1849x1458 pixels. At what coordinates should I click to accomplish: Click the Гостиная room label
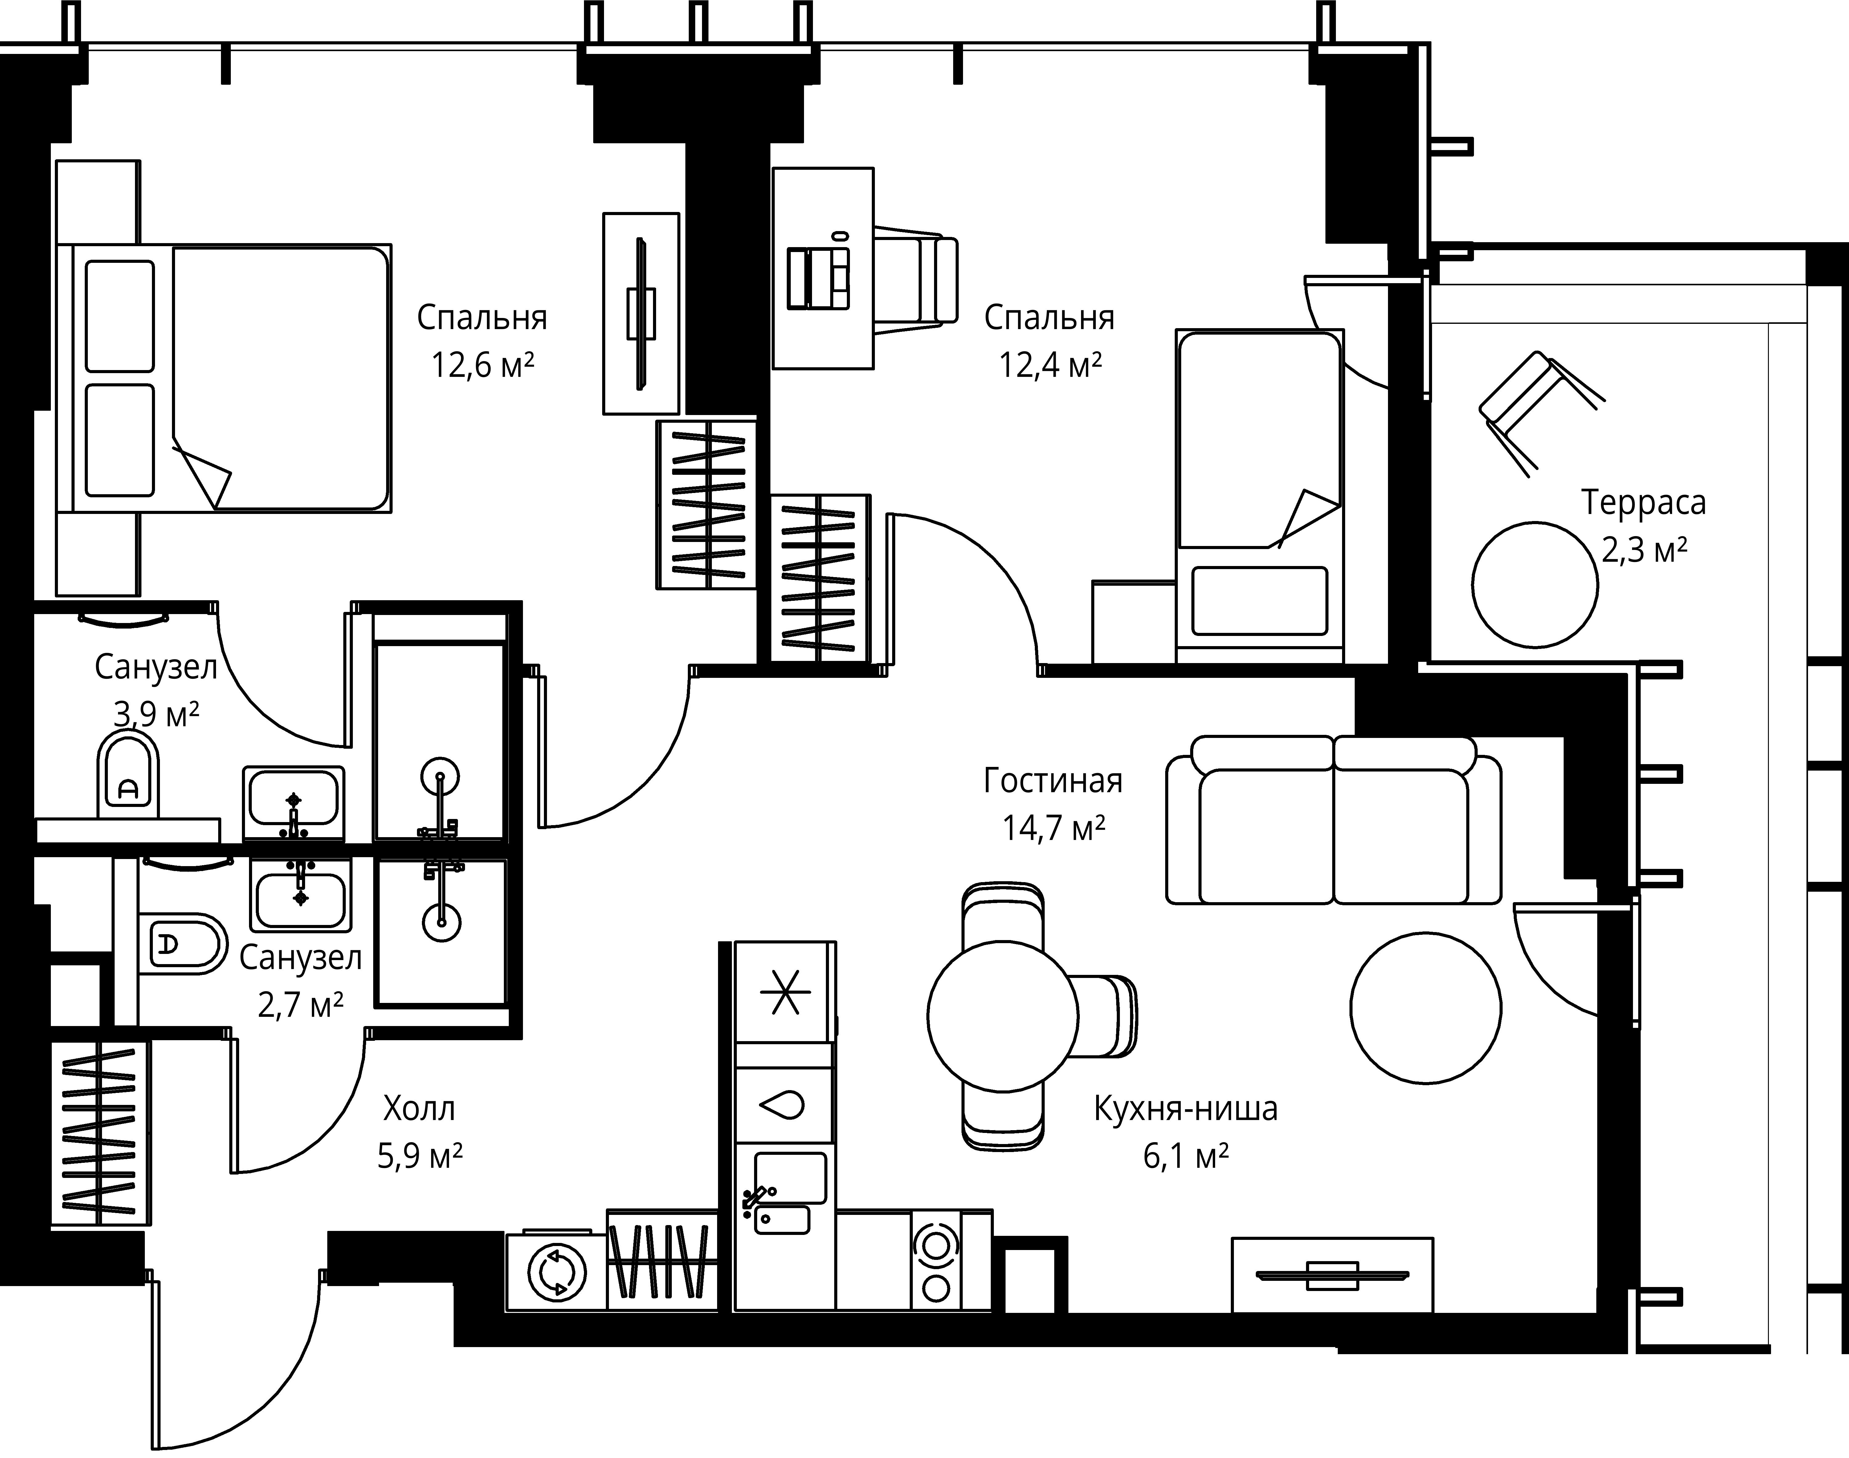pos(1053,781)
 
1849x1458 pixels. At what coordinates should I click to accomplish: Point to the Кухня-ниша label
pos(1186,1109)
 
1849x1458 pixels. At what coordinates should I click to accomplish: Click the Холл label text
pos(419,1109)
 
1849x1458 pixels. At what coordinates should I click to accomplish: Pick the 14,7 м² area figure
pos(1053,828)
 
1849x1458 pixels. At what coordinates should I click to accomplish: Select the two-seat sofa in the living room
pos(1333,820)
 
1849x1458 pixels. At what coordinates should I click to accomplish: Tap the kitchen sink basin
pos(790,1178)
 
